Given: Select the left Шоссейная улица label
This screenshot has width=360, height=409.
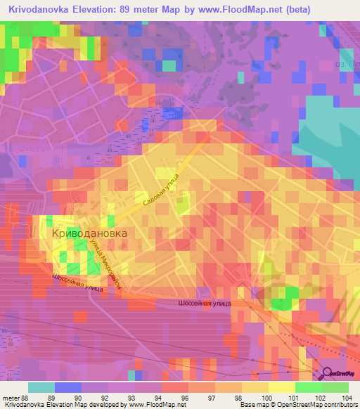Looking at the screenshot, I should coord(77,283).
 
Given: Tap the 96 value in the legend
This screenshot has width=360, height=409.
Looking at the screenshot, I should coord(184,397).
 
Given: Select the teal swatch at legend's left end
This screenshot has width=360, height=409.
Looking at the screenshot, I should coord(41,387).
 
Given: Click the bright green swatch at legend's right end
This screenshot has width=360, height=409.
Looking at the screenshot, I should coord(335,387).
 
